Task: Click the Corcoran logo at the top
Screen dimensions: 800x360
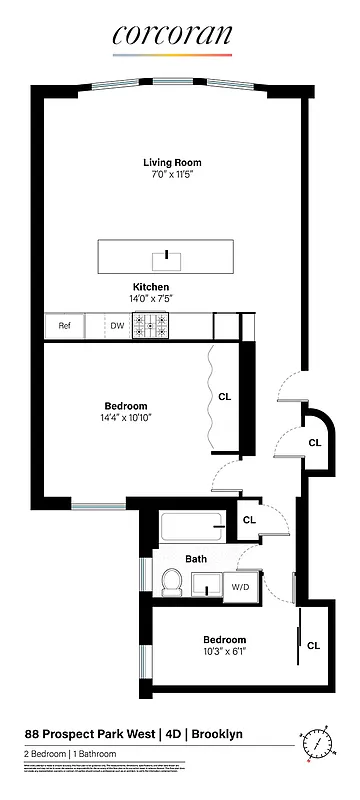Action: (171, 37)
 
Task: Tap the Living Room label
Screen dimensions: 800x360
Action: (172, 163)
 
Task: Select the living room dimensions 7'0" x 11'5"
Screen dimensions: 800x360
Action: (172, 176)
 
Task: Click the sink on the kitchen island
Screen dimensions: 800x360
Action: (166, 261)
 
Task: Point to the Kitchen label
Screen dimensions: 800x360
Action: (165, 287)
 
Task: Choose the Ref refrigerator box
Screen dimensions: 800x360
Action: (64, 326)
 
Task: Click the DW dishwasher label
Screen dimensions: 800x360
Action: (118, 326)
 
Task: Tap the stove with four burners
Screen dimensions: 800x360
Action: (153, 326)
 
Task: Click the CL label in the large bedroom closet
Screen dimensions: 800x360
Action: (224, 397)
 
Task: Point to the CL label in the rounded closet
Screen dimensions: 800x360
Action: (314, 442)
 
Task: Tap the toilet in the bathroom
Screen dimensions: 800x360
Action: (171, 581)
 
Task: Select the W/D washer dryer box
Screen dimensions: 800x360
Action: (240, 586)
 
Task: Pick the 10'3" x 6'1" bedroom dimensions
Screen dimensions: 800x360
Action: (224, 653)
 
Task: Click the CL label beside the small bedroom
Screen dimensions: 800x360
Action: (314, 645)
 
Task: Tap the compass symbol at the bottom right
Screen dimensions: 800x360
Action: (317, 744)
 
